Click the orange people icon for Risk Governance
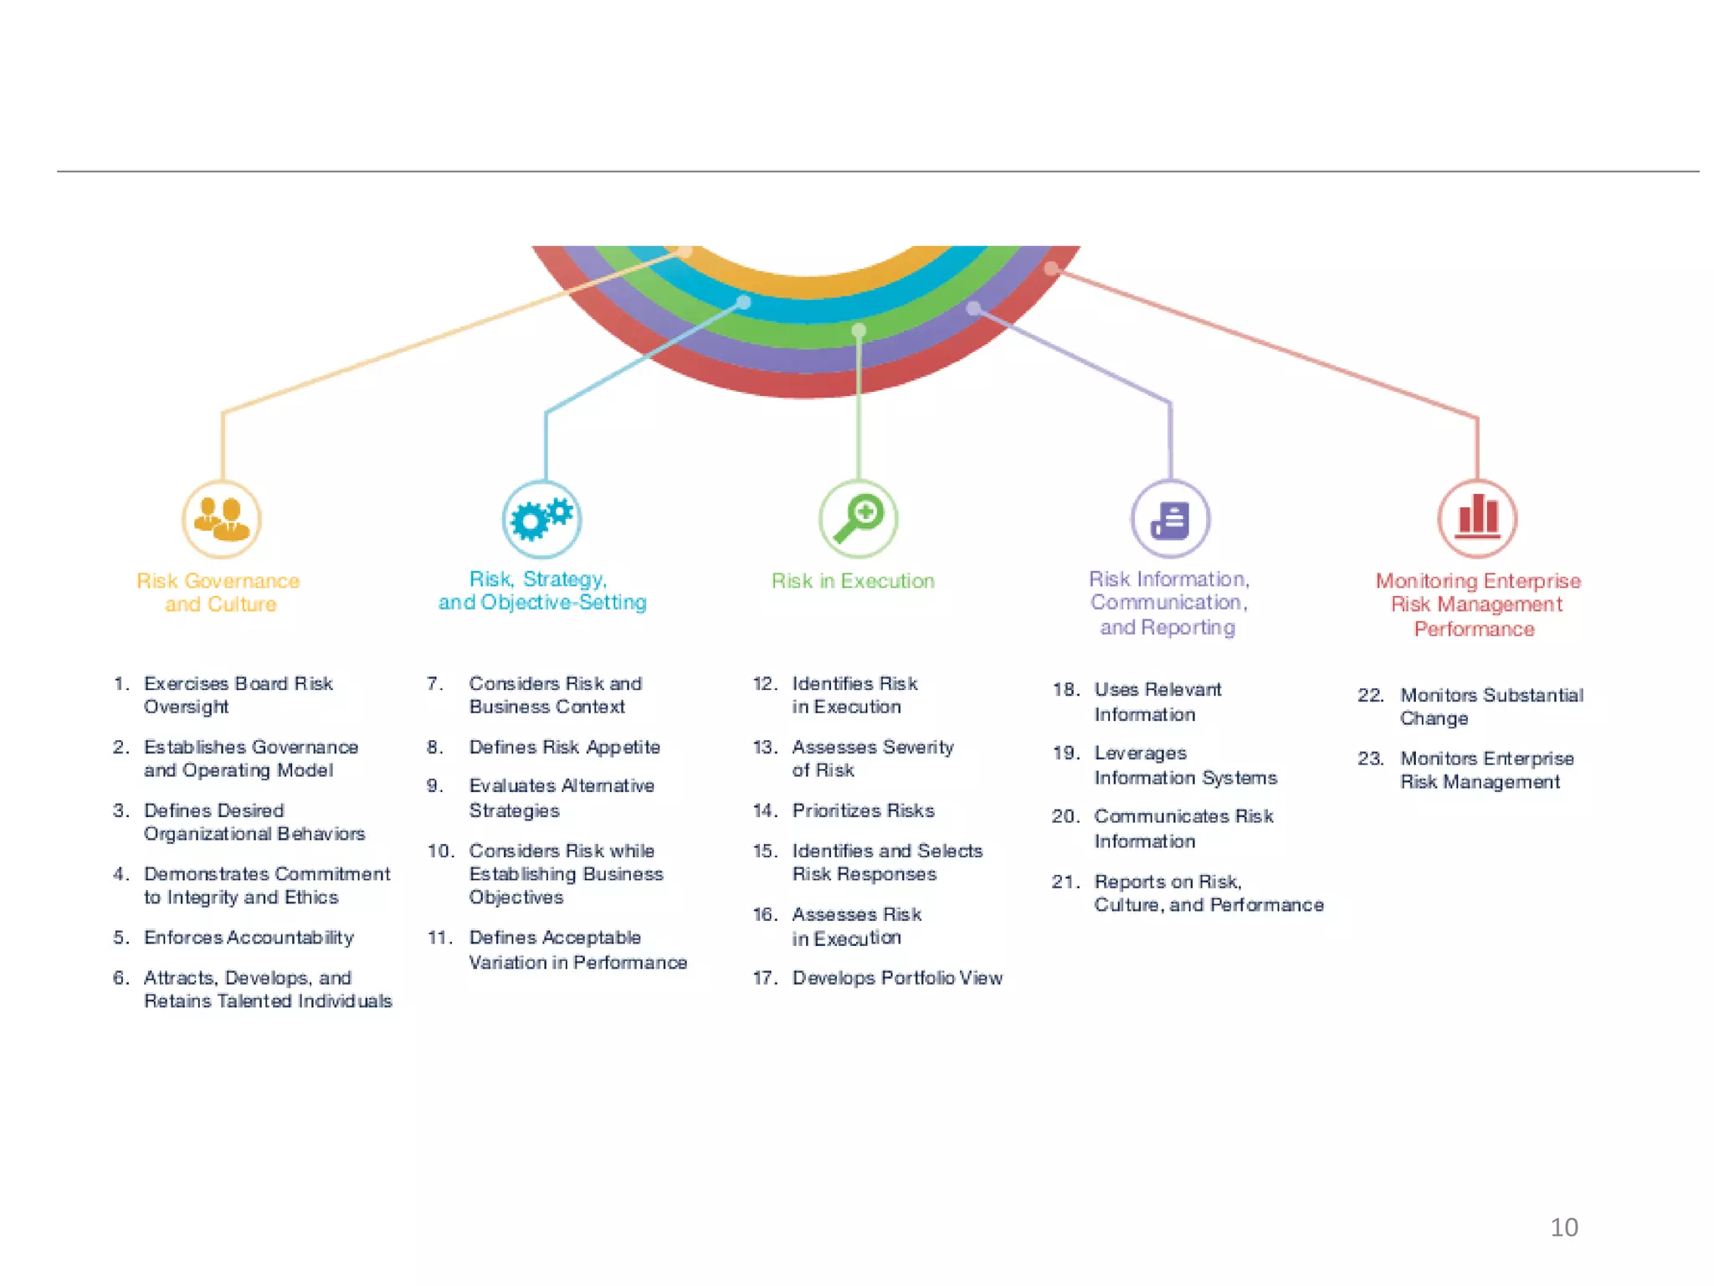click(222, 519)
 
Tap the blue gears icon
click(542, 519)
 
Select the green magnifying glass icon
click(858, 519)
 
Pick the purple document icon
click(1170, 519)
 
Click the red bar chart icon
click(1477, 518)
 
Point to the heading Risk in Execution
click(853, 581)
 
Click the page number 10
click(1563, 1227)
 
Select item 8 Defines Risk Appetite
click(564, 747)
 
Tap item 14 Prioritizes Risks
click(863, 810)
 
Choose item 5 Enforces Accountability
click(249, 938)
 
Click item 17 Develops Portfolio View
click(897, 978)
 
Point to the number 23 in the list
click(1370, 759)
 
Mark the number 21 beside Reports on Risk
click(1065, 882)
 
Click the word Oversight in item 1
click(186, 707)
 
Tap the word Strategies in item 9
click(514, 810)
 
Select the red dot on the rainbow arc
click(1051, 268)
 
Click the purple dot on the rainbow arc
click(973, 308)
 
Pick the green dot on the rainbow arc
click(859, 331)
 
